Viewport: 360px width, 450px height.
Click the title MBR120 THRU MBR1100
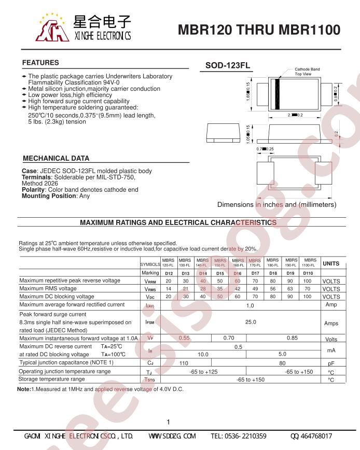259,30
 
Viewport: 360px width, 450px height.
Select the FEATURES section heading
40,63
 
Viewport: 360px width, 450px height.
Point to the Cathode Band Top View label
307,72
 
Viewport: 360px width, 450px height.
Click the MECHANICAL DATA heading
56,158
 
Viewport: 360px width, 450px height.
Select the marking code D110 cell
308,273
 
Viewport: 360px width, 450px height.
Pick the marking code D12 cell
169,273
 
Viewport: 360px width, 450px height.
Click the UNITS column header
330,263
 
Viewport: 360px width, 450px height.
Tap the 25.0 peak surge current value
251,322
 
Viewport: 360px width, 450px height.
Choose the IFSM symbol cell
150,322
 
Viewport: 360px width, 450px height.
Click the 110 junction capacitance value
184,363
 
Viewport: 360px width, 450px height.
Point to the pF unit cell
331,363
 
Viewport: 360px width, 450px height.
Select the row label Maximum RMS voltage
48,288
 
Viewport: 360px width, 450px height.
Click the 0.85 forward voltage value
292,337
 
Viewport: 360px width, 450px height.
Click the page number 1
169,422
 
